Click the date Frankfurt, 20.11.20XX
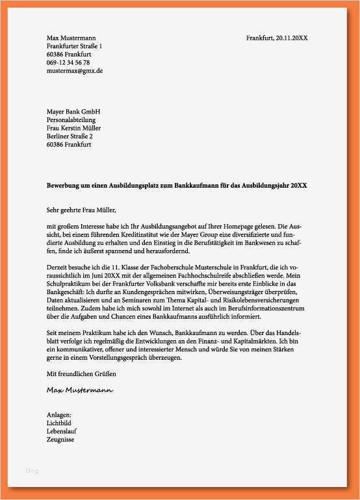click(x=277, y=38)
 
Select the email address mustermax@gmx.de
click(x=75, y=71)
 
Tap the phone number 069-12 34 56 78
click(x=68, y=62)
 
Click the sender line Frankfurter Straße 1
click(x=74, y=47)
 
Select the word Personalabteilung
click(x=71, y=120)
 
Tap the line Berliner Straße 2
click(x=70, y=136)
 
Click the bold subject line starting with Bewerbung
click(x=177, y=186)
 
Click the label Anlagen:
click(x=59, y=414)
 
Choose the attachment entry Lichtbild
click(x=59, y=422)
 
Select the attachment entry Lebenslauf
click(x=62, y=431)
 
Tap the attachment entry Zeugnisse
click(x=60, y=440)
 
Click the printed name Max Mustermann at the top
click(x=71, y=38)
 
